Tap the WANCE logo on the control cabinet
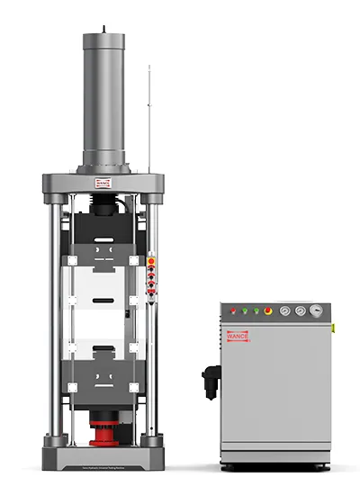pos(237,336)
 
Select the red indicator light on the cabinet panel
pos(233,311)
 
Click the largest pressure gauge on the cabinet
pos(315,310)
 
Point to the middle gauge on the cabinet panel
pos(300,310)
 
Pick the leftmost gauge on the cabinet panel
pos(285,310)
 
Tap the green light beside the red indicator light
pos(245,311)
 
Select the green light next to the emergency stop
pos(256,311)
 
